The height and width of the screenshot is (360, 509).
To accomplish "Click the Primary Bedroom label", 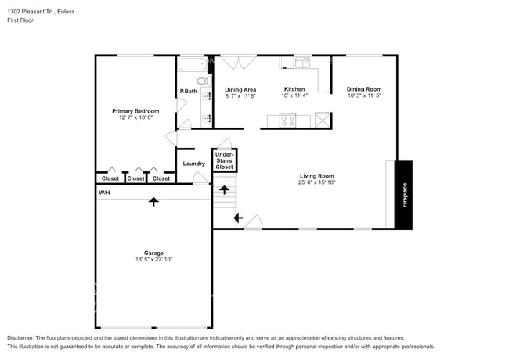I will (135, 111).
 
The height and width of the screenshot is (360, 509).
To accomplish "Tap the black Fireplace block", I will (404, 196).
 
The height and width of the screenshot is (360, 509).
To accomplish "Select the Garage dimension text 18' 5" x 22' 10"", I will (153, 259).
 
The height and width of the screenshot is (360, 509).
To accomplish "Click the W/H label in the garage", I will (104, 193).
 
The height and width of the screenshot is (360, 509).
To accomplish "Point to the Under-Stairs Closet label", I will (225, 160).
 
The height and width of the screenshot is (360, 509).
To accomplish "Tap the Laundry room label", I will (193, 164).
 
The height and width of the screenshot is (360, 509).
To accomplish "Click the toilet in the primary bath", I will (200, 81).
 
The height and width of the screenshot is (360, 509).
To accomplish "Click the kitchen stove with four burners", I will (287, 120).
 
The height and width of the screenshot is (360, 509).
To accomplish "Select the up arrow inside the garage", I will (153, 201).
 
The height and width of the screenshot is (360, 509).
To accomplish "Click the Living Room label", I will (316, 176).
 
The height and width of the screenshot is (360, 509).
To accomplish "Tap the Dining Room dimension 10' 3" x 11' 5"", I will (364, 96).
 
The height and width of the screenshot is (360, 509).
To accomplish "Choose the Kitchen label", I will (294, 89).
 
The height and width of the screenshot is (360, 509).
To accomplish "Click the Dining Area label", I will (240, 89).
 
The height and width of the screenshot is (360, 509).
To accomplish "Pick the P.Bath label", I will (188, 92).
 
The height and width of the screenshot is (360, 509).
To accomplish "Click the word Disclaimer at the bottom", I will (23, 338).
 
